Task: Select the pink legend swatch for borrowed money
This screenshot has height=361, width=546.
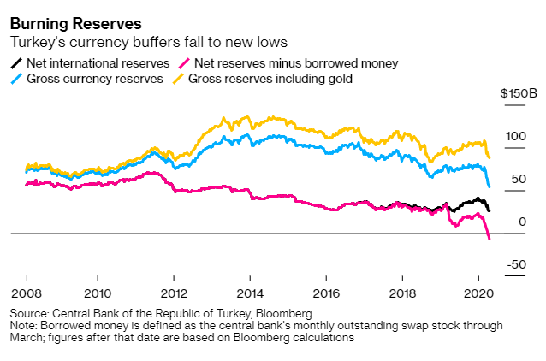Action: click(x=183, y=63)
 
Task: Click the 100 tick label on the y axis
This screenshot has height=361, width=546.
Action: click(x=515, y=135)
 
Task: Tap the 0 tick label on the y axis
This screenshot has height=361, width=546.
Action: click(x=522, y=222)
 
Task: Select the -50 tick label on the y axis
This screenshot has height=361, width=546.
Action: click(x=517, y=265)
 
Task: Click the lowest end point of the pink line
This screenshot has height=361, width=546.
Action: click(x=490, y=239)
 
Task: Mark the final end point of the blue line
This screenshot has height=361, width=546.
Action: click(x=489, y=186)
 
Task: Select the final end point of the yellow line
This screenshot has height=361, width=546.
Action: click(x=490, y=157)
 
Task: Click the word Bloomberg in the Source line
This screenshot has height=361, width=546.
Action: click(x=283, y=313)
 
